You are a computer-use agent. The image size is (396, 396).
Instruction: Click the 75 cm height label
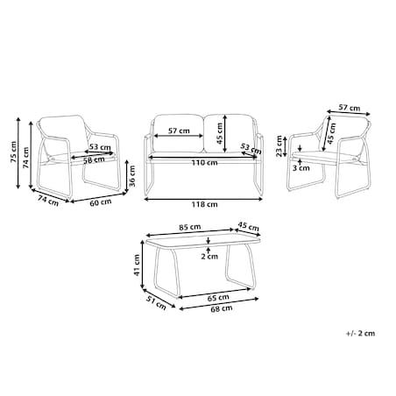(x=13, y=152)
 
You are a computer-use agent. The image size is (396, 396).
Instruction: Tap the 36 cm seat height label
(x=132, y=176)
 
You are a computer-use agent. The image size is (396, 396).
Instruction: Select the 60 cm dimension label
(x=101, y=202)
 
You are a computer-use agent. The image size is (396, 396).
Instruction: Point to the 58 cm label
(x=94, y=159)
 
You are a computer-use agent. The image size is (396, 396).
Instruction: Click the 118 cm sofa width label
(x=204, y=204)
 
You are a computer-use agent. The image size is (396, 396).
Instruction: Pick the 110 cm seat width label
(x=204, y=162)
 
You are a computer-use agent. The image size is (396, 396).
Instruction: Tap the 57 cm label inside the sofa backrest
(x=179, y=131)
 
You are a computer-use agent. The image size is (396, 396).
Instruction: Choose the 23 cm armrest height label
(x=279, y=146)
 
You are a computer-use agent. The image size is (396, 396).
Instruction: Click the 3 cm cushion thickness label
(x=301, y=168)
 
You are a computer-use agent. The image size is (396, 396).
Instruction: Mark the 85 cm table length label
(x=190, y=227)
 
